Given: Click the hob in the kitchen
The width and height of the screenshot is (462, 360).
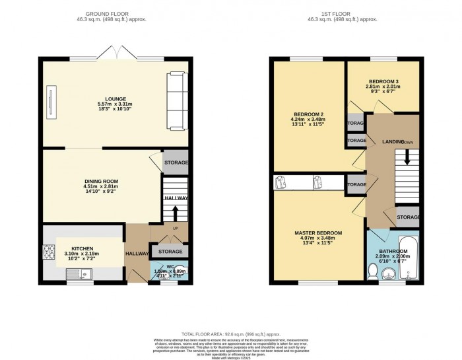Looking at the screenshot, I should tap(49, 250).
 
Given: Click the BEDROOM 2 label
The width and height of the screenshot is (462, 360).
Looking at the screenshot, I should tap(307, 115).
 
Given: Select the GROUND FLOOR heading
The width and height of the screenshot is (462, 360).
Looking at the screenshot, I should tap(115, 13).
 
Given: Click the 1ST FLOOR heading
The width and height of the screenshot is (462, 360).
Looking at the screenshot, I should tap(346, 13).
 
